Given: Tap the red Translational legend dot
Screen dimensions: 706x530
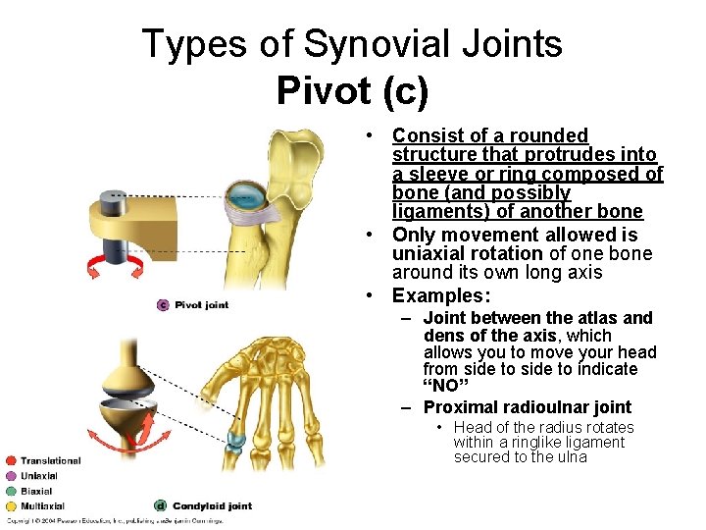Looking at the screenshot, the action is point(10,460).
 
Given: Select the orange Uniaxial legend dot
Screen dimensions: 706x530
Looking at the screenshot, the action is point(10,476).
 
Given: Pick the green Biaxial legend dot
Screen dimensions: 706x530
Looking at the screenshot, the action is point(10,491).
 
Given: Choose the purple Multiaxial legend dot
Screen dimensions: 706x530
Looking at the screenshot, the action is point(10,506).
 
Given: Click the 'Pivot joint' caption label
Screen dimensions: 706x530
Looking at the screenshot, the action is point(201,305).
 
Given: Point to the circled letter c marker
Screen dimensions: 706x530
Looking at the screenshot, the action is point(163,305).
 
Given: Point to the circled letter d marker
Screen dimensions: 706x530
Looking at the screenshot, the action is point(161,506).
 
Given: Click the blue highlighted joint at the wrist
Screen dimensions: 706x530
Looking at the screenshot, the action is point(236,441).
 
